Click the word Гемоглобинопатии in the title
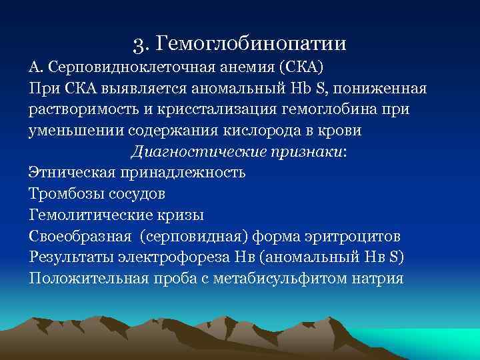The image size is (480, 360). pyautogui.click(x=251, y=45)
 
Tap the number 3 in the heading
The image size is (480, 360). pyautogui.click(x=138, y=45)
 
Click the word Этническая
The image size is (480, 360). pyautogui.click(x=71, y=173)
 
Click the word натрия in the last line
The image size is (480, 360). pyautogui.click(x=377, y=278)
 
